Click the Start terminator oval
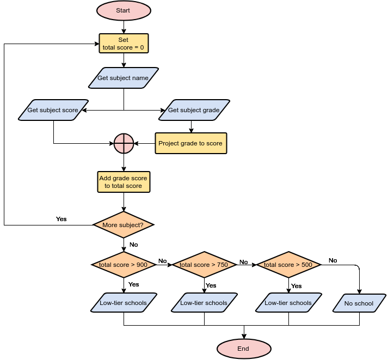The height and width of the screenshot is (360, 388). [x=123, y=10]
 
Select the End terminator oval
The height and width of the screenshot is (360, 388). [x=243, y=349]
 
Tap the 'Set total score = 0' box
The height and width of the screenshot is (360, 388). [x=124, y=44]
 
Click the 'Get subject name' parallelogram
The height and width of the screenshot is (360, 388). [x=123, y=78]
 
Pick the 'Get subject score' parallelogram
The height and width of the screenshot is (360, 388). [x=53, y=110]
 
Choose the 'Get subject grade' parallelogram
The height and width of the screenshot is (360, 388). [x=194, y=110]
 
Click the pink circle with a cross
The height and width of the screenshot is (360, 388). [x=124, y=143]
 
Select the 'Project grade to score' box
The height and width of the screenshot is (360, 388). [x=190, y=143]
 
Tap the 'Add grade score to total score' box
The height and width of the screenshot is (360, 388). [x=123, y=182]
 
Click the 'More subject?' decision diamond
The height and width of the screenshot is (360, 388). [x=123, y=224]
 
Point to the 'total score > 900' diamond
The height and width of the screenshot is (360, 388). [x=123, y=265]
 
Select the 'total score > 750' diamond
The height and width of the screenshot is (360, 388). [x=204, y=265]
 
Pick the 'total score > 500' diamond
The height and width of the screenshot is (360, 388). [x=288, y=265]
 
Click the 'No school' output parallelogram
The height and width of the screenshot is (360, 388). [x=359, y=303]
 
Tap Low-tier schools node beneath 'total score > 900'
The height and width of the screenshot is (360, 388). [x=123, y=303]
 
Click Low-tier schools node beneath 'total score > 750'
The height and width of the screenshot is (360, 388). [x=204, y=303]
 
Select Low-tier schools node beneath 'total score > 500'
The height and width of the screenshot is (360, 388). [x=288, y=303]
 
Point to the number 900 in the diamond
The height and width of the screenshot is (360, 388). [x=141, y=265]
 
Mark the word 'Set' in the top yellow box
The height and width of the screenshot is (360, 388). [x=124, y=40]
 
